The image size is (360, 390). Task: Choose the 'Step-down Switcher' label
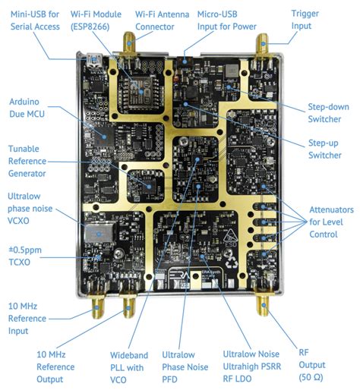pyautogui.click(x=328, y=112)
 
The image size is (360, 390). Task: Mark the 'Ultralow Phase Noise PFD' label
pyautogui.click(x=185, y=365)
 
